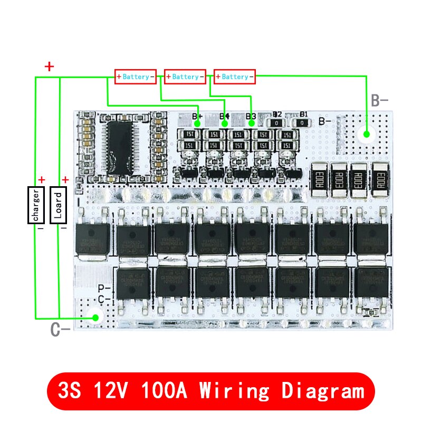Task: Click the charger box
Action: coord(36,204)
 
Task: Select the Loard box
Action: coord(58,204)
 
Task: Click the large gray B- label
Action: coord(379,101)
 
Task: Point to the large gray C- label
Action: coord(60,330)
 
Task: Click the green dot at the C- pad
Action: coord(96,318)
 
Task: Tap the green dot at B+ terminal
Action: coord(197,123)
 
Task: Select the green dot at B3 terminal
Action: coord(252,123)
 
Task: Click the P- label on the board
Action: coord(104,289)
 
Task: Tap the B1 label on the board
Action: coord(303,114)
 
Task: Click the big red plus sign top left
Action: coord(49,66)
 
